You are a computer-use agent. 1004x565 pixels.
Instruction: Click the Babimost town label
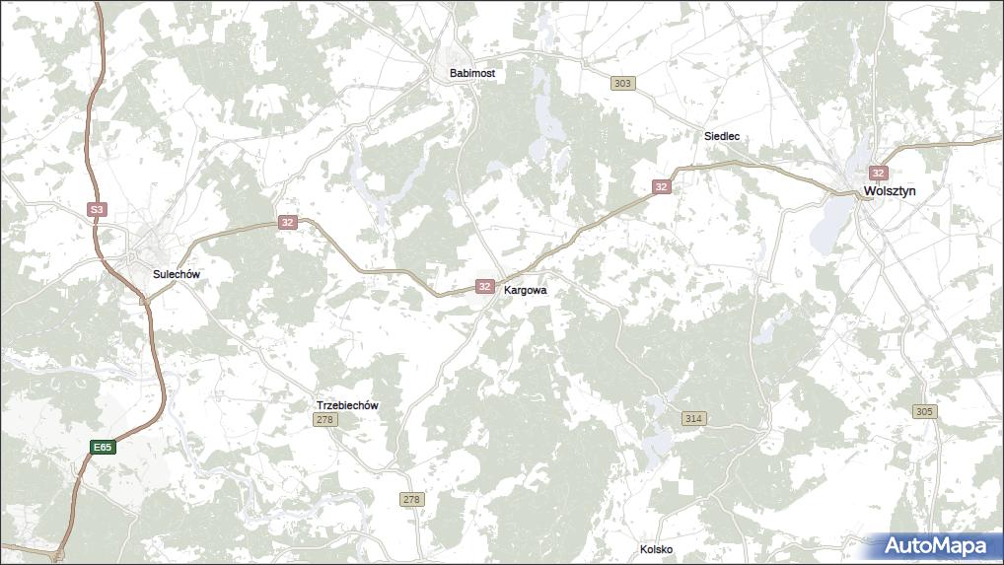click(x=471, y=73)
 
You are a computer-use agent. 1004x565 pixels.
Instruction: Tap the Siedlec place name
click(x=722, y=136)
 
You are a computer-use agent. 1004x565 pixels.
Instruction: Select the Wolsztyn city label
click(x=891, y=191)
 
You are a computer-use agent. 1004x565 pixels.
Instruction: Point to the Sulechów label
click(x=177, y=274)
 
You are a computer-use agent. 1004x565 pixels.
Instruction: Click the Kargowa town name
click(x=525, y=291)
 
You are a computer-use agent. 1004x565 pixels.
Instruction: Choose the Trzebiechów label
click(x=347, y=405)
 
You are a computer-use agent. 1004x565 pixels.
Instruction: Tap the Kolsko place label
click(x=656, y=549)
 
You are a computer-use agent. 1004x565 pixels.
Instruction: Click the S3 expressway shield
click(x=96, y=210)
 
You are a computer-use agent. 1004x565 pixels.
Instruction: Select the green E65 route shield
click(x=103, y=448)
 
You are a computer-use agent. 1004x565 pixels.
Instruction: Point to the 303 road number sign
click(x=621, y=83)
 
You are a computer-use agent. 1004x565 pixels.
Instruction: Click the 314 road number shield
click(x=693, y=419)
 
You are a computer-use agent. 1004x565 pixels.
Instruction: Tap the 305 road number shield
click(x=924, y=411)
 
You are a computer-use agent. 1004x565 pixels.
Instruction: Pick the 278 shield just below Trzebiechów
click(x=325, y=420)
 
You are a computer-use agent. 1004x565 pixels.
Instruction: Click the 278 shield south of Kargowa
click(x=411, y=500)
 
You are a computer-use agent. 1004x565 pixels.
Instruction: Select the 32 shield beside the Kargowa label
click(x=484, y=286)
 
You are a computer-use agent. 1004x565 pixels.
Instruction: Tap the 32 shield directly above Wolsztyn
click(x=879, y=173)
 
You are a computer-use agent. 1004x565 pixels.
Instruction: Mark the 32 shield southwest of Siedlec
click(x=661, y=186)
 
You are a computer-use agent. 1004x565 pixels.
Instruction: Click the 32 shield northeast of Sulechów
click(x=287, y=222)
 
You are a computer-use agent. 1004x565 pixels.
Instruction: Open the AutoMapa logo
click(x=935, y=545)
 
